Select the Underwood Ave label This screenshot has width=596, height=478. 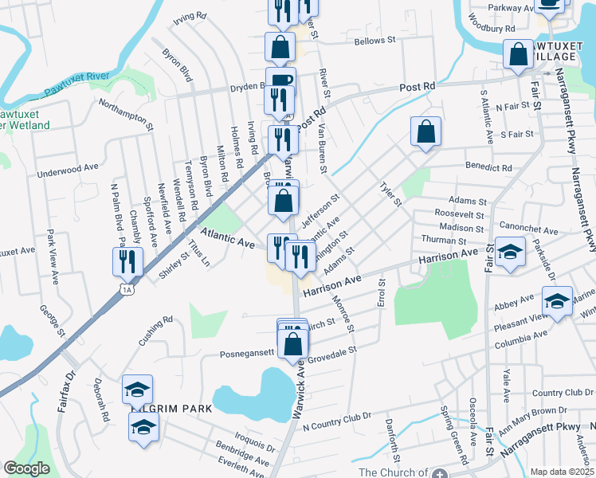click(68, 170)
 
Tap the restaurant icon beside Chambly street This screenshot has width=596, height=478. click(127, 261)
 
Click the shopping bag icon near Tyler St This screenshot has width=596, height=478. click(426, 131)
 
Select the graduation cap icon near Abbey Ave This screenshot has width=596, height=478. click(558, 301)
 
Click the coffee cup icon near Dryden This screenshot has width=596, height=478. click(280, 81)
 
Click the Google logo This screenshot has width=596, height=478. click(26, 468)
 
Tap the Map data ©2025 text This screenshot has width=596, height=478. click(562, 472)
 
